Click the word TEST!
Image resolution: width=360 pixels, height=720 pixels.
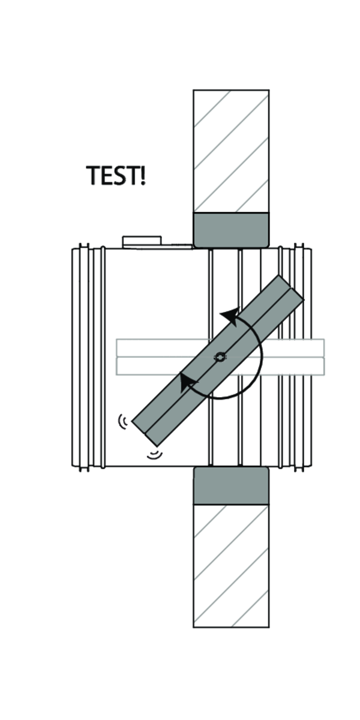116,175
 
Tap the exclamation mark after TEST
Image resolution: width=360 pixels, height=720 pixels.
143,175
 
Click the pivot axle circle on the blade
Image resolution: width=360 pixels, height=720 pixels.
220,357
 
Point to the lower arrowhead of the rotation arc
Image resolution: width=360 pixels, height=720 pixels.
187,382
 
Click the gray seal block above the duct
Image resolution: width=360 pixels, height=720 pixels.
231,230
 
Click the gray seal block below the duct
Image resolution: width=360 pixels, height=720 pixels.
231,485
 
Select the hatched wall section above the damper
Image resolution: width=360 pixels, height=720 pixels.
231,151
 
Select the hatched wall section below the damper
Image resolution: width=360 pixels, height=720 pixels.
231,566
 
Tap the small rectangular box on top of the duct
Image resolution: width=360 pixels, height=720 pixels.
142,242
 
